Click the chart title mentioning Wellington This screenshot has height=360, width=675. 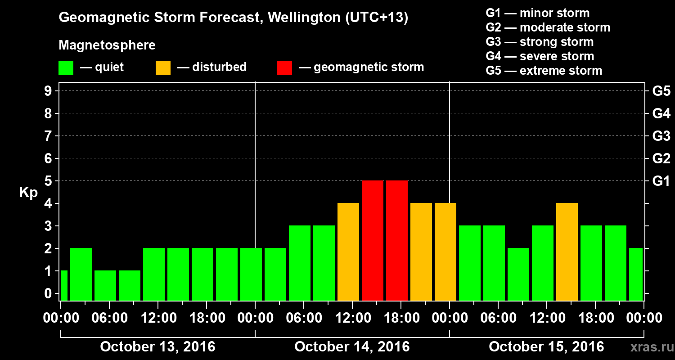pos(233,18)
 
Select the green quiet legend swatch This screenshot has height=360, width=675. pos(66,68)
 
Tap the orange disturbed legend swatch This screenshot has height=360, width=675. pos(163,68)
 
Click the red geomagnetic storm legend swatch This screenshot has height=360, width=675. pos(284,68)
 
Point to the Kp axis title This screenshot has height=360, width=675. pos(28,192)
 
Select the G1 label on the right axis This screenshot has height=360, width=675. pos(661,181)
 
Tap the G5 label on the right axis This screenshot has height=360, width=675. pos(661,91)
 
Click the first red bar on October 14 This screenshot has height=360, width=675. pos(372,240)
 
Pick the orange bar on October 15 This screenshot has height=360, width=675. pos(567,252)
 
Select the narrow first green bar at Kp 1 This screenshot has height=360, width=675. pos(64,285)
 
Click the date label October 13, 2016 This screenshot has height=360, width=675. pos(157,347)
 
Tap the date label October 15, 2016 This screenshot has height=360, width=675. pos(546,347)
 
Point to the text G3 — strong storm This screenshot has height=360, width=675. pos(540,42)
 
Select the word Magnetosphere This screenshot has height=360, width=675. pos(107,45)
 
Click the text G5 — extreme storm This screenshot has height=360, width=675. pos(544,71)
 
